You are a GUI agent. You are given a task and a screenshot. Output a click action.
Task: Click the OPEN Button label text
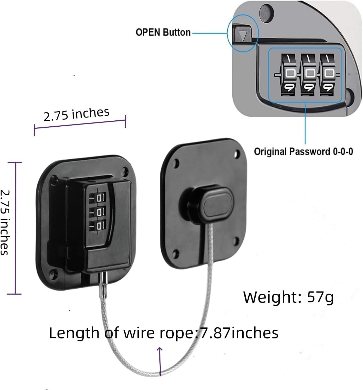[163, 32]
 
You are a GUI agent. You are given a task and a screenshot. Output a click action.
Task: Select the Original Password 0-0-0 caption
[303, 151]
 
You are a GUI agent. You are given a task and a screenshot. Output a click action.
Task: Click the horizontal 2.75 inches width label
[76, 114]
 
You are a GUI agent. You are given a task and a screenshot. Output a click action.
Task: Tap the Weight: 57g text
[288, 297]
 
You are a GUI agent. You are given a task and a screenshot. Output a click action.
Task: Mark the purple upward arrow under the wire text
[160, 361]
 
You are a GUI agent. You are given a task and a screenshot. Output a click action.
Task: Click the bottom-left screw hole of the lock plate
[54, 273]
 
